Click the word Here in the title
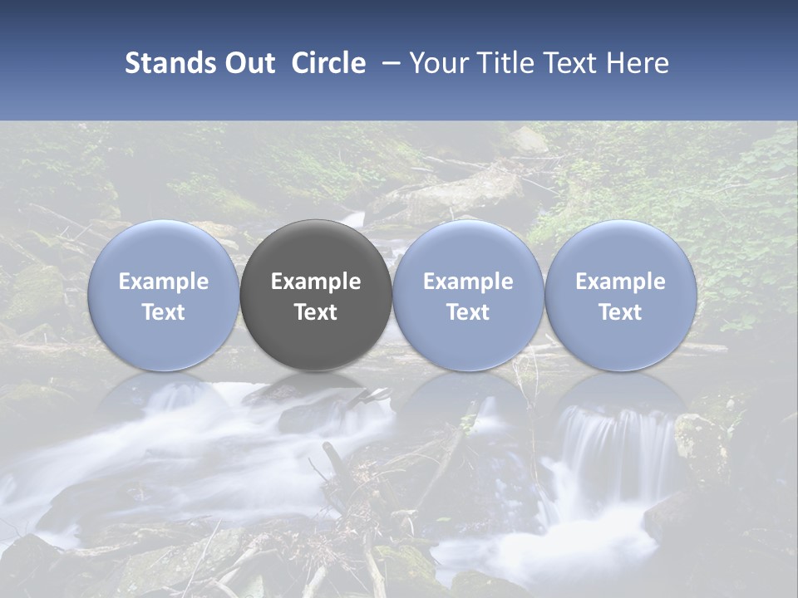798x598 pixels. click(635, 63)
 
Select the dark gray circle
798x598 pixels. click(316, 295)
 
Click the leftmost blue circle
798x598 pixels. click(164, 295)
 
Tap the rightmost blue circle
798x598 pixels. click(620, 295)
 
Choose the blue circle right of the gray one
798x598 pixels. click(468, 295)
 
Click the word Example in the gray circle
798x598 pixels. click(316, 282)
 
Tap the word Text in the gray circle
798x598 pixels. click(316, 312)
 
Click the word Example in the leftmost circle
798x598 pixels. click(164, 282)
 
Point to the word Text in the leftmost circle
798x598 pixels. click(164, 312)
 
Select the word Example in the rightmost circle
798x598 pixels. click(620, 282)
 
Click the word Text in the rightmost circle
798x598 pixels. click(620, 312)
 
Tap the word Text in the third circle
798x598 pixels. click(468, 312)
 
